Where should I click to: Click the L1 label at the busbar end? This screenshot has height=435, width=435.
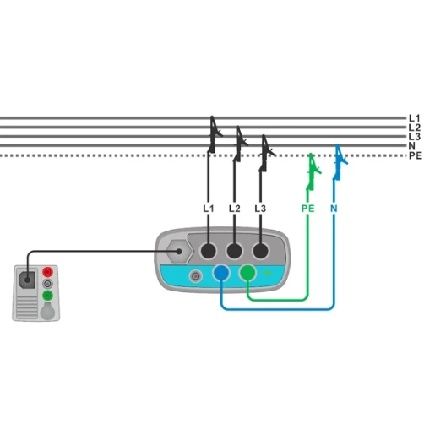click(414, 118)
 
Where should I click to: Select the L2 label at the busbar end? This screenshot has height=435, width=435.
click(415, 128)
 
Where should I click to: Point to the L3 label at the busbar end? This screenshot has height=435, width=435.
click(415, 137)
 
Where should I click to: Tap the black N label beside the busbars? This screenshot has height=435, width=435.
click(412, 146)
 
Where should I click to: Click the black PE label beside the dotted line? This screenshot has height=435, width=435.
click(416, 155)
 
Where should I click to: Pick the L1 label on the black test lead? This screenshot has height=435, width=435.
click(209, 209)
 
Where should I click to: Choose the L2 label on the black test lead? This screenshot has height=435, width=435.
click(235, 209)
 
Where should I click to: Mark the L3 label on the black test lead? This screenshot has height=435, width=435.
click(260, 209)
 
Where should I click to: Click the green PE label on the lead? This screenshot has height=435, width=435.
click(307, 209)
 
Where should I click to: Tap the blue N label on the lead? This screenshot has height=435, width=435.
click(334, 209)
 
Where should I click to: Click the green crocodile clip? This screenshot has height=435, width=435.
click(313, 171)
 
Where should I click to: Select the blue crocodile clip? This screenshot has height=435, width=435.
click(340, 162)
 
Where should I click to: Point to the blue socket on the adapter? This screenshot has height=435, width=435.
click(221, 273)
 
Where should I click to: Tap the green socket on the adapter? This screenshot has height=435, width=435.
click(247, 273)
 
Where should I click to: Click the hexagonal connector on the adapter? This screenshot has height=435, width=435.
click(179, 252)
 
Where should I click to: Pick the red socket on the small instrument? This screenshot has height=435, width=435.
click(47, 272)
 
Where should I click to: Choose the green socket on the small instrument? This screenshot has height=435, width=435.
click(47, 296)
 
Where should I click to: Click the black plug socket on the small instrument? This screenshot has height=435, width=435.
click(27, 280)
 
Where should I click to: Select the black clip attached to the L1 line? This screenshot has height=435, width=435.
click(214, 134)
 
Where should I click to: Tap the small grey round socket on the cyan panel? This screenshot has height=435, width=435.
click(195, 276)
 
